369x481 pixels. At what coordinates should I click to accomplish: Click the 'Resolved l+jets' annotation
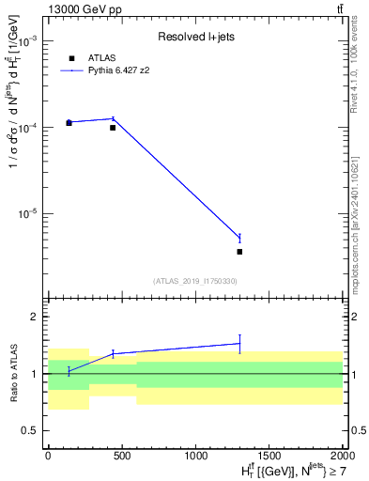click(x=195, y=37)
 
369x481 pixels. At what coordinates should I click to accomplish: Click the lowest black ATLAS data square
click(x=239, y=252)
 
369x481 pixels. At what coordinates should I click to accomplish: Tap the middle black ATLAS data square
click(x=113, y=127)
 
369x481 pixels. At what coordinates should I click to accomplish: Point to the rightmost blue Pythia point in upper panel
click(x=239, y=238)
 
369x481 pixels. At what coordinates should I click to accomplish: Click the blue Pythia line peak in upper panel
click(x=113, y=118)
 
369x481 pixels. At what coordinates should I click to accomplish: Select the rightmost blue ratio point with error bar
click(x=239, y=344)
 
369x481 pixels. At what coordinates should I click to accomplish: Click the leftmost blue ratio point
click(x=69, y=371)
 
